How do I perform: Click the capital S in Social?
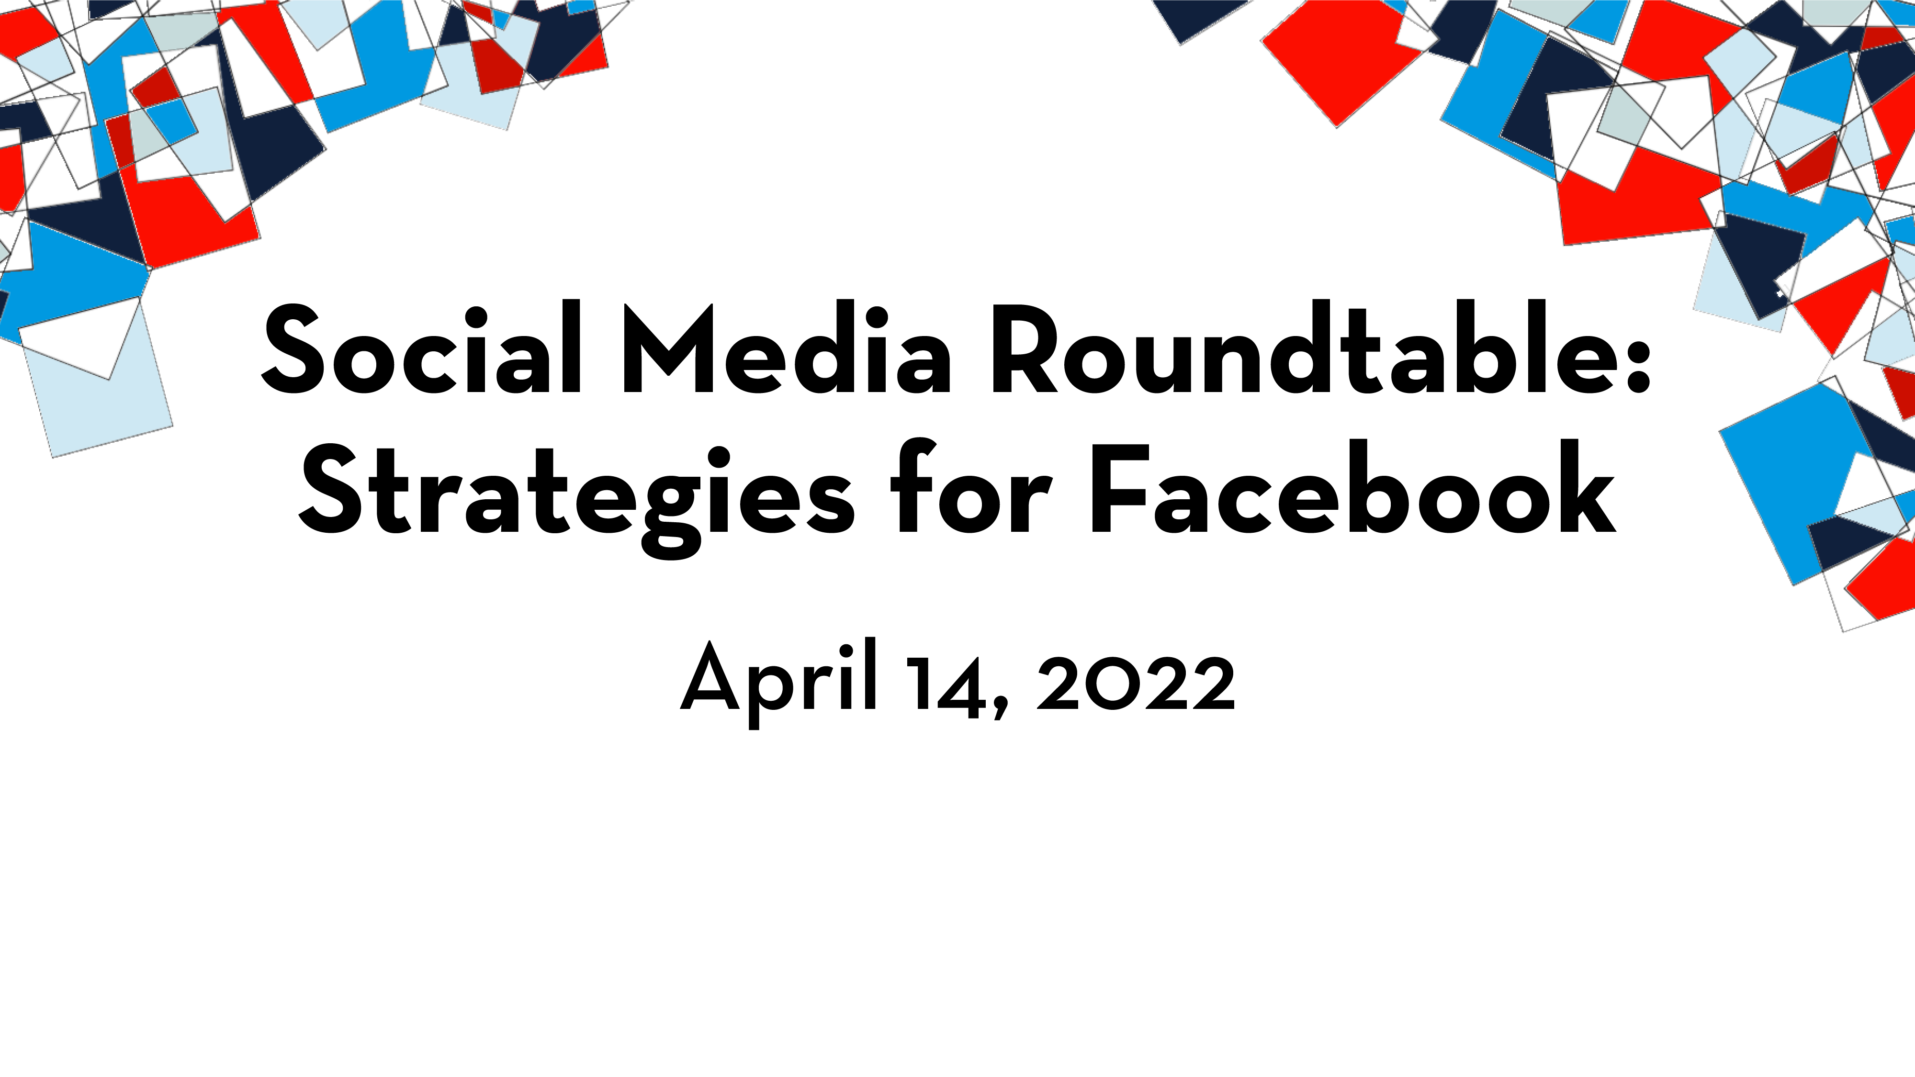[293, 348]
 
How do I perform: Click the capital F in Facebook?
[1119, 489]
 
